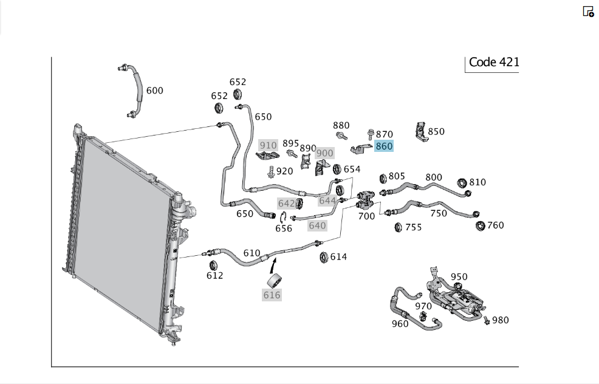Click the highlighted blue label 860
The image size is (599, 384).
(x=383, y=146)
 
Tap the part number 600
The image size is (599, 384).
(x=155, y=91)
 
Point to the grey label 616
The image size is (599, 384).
(x=272, y=295)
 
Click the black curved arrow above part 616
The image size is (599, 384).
(x=273, y=266)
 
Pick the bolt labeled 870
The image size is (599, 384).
(x=370, y=134)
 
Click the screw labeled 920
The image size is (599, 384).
(x=271, y=171)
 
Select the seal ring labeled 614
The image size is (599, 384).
(x=324, y=257)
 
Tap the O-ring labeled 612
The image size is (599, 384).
(x=213, y=265)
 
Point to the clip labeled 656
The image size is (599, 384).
(x=282, y=218)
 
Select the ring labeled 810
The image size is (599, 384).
(x=462, y=183)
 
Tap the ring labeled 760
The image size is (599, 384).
(x=480, y=226)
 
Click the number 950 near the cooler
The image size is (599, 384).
(x=459, y=276)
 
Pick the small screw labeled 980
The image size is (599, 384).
(x=487, y=320)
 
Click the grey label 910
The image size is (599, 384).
(x=268, y=145)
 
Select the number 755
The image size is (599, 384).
(x=413, y=227)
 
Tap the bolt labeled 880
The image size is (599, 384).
(x=341, y=135)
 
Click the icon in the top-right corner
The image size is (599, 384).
(x=588, y=12)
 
